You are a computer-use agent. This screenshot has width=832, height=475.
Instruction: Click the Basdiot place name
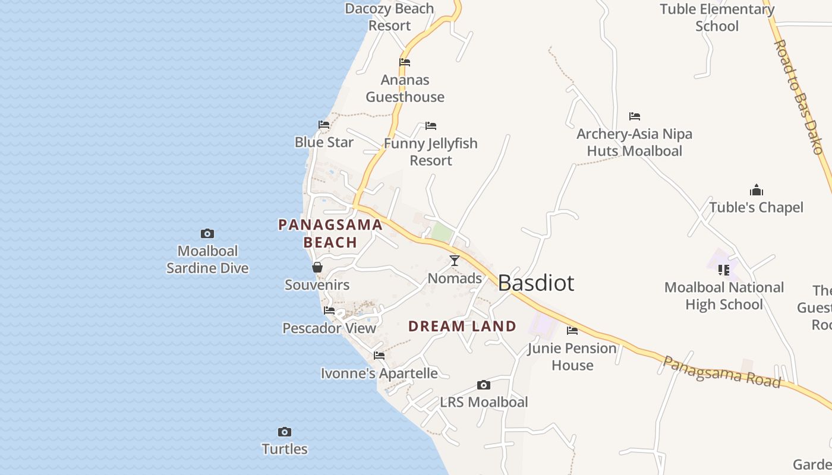click(x=536, y=283)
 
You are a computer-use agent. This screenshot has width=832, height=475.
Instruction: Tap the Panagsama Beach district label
click(x=330, y=233)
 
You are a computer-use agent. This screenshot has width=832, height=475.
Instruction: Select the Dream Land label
click(x=462, y=326)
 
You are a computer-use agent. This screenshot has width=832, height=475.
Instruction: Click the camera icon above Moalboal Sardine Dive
click(x=207, y=234)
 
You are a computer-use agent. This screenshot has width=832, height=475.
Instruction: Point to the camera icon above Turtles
click(x=285, y=432)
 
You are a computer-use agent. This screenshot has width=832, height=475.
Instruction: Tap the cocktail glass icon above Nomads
click(x=455, y=261)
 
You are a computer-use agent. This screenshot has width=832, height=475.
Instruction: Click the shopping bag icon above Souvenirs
click(x=317, y=268)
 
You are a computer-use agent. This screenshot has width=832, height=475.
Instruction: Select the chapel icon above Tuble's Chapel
click(x=757, y=190)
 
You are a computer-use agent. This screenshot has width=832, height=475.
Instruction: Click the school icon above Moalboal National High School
click(x=723, y=270)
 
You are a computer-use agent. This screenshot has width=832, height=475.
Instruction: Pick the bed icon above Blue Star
click(x=324, y=125)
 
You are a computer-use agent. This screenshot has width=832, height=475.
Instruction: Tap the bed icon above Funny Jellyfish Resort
click(x=431, y=126)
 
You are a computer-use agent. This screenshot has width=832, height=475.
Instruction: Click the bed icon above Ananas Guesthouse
click(x=405, y=62)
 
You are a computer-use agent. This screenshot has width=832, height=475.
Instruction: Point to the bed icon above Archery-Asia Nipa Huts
click(x=635, y=116)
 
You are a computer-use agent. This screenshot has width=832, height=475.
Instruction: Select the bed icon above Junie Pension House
click(x=572, y=331)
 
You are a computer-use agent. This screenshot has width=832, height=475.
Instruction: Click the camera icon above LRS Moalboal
click(x=484, y=385)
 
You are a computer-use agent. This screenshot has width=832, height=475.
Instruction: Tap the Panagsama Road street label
click(x=721, y=372)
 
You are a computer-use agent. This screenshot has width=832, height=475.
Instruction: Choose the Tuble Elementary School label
click(x=717, y=17)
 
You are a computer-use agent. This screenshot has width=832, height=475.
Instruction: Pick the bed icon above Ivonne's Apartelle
click(x=379, y=356)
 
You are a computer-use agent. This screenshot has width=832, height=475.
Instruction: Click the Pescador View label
click(x=329, y=328)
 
